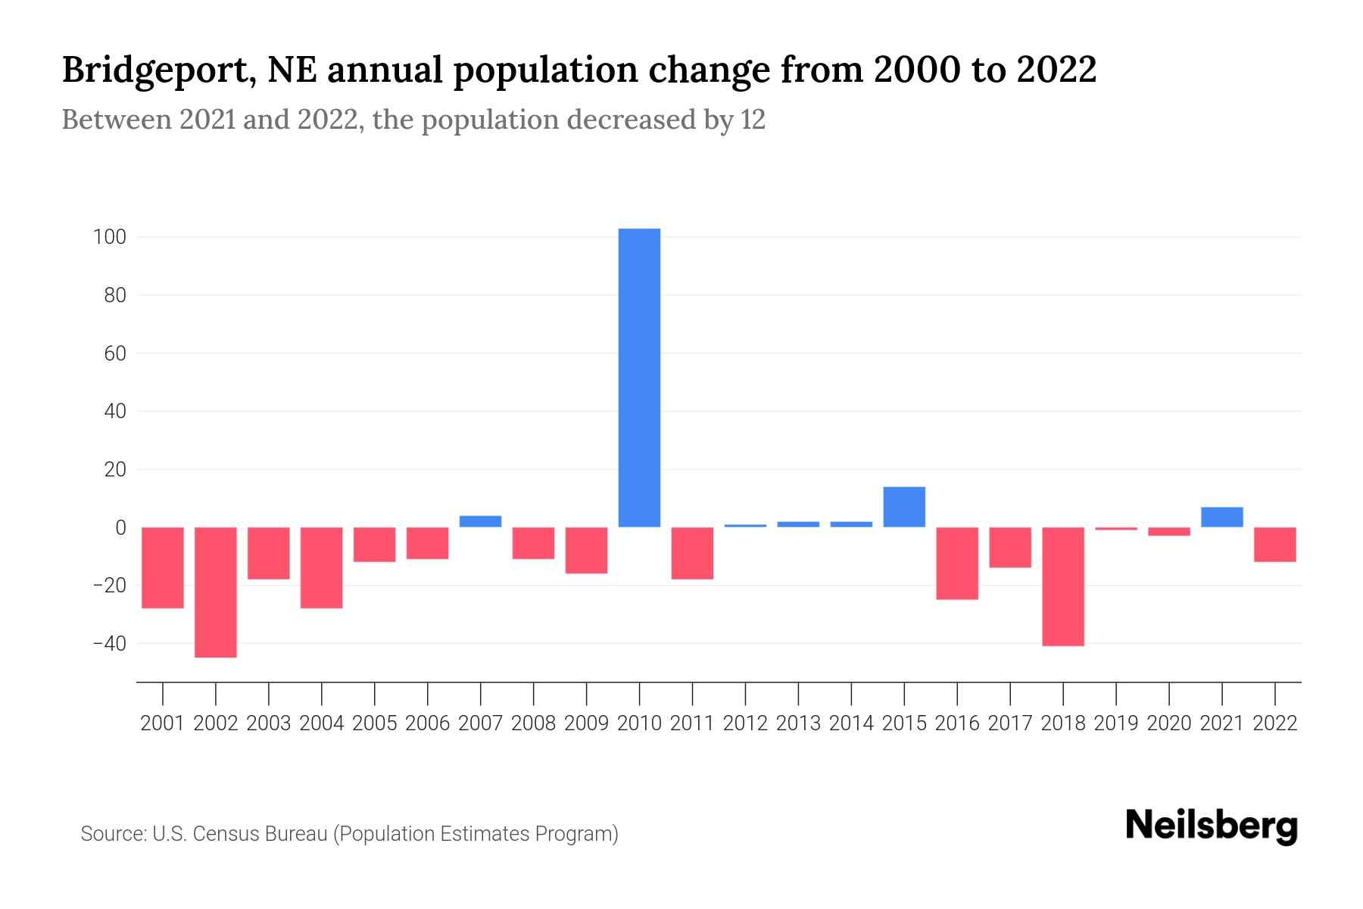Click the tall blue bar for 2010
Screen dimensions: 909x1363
click(639, 377)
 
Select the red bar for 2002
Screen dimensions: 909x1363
click(216, 592)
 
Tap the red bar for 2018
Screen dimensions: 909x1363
click(1063, 586)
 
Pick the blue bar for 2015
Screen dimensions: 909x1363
click(904, 507)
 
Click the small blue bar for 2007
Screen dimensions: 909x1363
click(480, 521)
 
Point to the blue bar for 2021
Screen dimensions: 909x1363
click(1221, 517)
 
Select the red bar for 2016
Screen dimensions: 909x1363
click(957, 563)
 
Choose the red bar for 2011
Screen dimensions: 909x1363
click(692, 553)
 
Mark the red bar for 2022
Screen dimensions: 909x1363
click(1274, 544)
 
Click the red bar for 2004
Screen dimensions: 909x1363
click(322, 567)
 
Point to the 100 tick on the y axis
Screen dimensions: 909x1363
click(109, 237)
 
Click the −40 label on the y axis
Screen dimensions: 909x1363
click(109, 644)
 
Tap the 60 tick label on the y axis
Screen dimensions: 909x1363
click(114, 354)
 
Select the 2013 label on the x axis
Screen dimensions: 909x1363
click(798, 723)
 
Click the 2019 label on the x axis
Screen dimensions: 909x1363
click(1116, 723)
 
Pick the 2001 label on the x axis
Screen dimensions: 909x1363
click(163, 723)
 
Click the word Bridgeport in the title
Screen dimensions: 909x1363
click(155, 70)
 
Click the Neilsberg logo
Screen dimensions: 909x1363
click(1212, 826)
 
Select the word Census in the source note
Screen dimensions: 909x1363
click(222, 834)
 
